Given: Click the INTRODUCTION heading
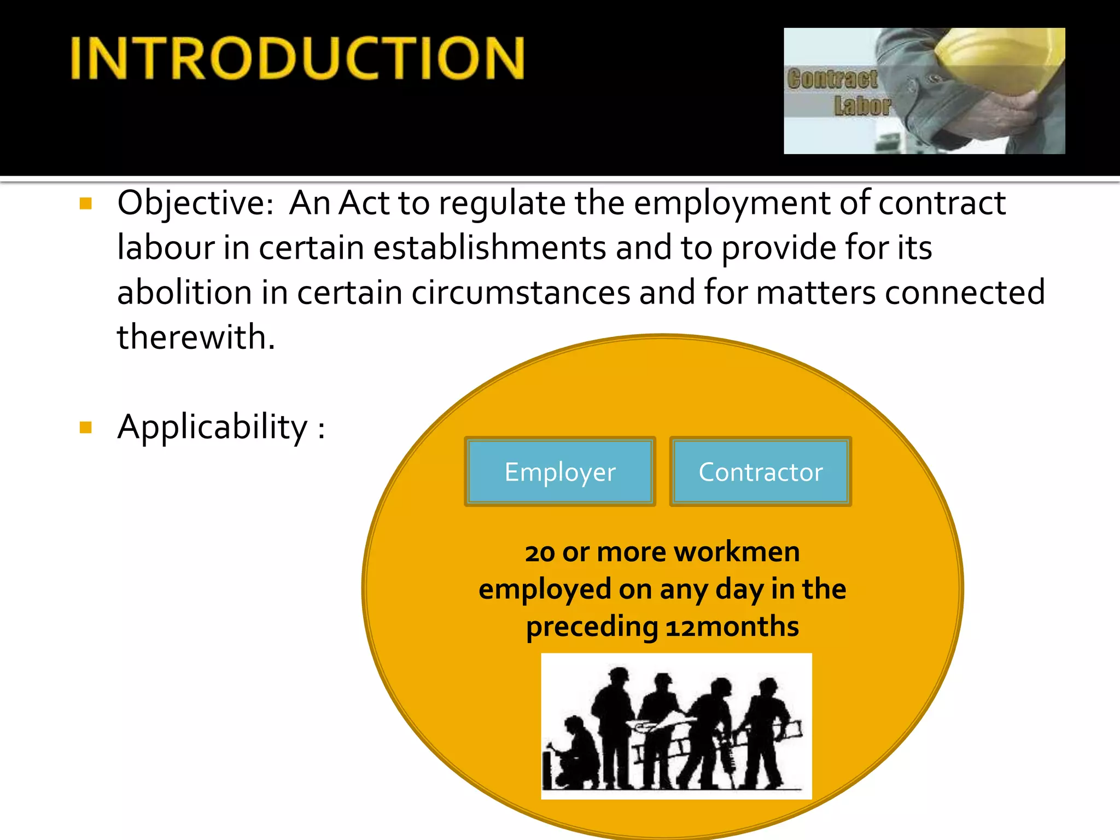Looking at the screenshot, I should (298, 58).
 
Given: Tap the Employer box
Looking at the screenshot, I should (560, 471).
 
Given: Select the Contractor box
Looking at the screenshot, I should (760, 471).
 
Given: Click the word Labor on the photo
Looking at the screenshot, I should (862, 106).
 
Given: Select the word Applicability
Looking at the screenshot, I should (212, 427).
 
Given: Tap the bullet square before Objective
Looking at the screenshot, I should (85, 204).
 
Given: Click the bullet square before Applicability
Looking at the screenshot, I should (85, 427).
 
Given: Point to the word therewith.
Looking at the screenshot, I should (195, 337).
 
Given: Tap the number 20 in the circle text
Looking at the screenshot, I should (540, 553).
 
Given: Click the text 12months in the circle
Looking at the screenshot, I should (732, 627).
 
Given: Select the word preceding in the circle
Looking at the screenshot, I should (592, 627).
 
